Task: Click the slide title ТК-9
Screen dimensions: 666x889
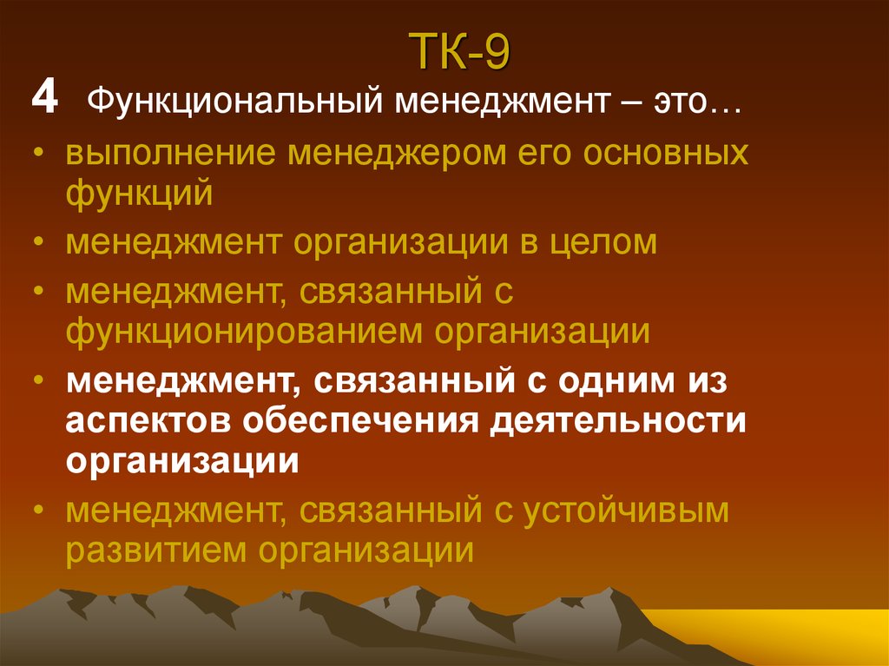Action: (460, 54)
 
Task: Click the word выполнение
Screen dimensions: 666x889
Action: (173, 155)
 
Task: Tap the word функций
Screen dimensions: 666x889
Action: (139, 193)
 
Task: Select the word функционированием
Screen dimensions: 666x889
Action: (244, 331)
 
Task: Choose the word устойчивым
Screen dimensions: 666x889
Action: (625, 511)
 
